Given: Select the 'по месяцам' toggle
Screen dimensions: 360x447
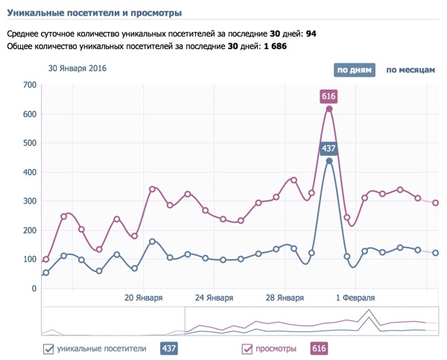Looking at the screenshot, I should point(410,70).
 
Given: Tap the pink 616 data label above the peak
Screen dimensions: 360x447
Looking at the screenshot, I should point(329,96).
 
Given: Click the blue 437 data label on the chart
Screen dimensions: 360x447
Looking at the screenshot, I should point(329,148).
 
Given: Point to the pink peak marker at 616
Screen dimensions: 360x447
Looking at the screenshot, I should point(329,110).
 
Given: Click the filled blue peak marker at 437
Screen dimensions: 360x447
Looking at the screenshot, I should point(329,161).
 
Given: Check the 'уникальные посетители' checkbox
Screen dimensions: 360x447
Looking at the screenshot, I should point(48,348).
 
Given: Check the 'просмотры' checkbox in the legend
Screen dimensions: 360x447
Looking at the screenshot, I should point(247,348).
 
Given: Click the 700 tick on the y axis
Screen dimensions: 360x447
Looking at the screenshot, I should point(30,85).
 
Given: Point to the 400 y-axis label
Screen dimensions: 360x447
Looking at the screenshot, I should point(30,172).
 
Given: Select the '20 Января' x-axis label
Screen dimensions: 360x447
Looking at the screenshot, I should point(143,297).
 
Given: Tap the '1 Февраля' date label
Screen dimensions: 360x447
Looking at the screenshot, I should point(355,297).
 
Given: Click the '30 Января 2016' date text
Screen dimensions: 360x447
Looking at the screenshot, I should point(77,69).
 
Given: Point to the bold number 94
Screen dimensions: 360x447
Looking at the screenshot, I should point(311,34).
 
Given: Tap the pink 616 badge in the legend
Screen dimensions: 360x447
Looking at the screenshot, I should point(319,348).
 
